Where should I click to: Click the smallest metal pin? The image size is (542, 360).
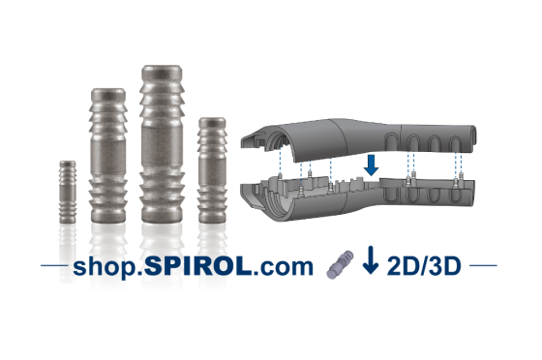coord(68,192)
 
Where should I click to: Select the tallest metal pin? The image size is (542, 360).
coord(162,144)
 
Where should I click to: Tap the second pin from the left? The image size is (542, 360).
coord(108,156)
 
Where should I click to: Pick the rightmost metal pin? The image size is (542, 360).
coord(212,170)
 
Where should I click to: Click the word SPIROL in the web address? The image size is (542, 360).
coord(197,266)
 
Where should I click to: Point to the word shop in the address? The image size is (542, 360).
coord(105,267)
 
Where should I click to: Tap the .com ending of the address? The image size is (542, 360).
coord(283,267)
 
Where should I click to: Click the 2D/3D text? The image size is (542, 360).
coord(424,266)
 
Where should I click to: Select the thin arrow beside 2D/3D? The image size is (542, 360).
coord(371,259)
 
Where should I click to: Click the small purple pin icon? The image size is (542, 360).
coord(340,264)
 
